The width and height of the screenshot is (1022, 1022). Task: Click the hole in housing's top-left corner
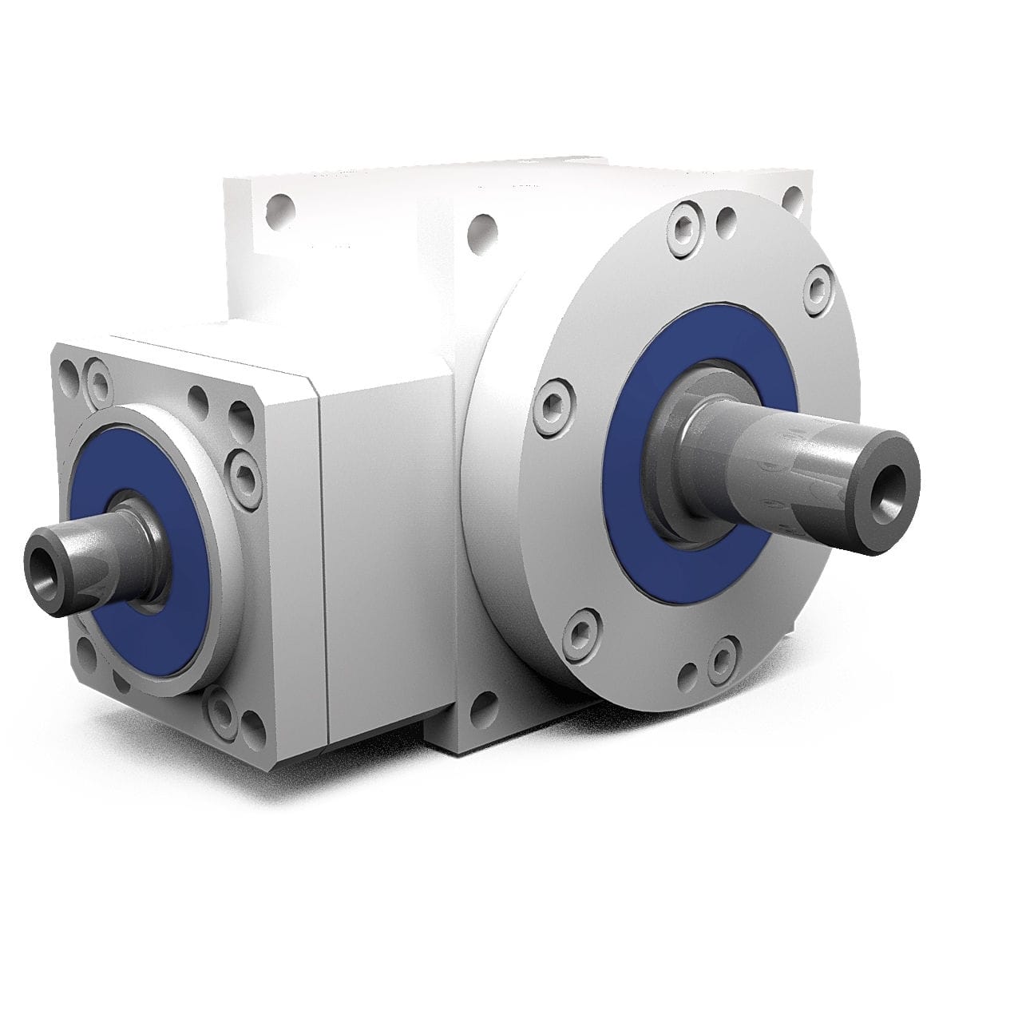coord(277,210)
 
